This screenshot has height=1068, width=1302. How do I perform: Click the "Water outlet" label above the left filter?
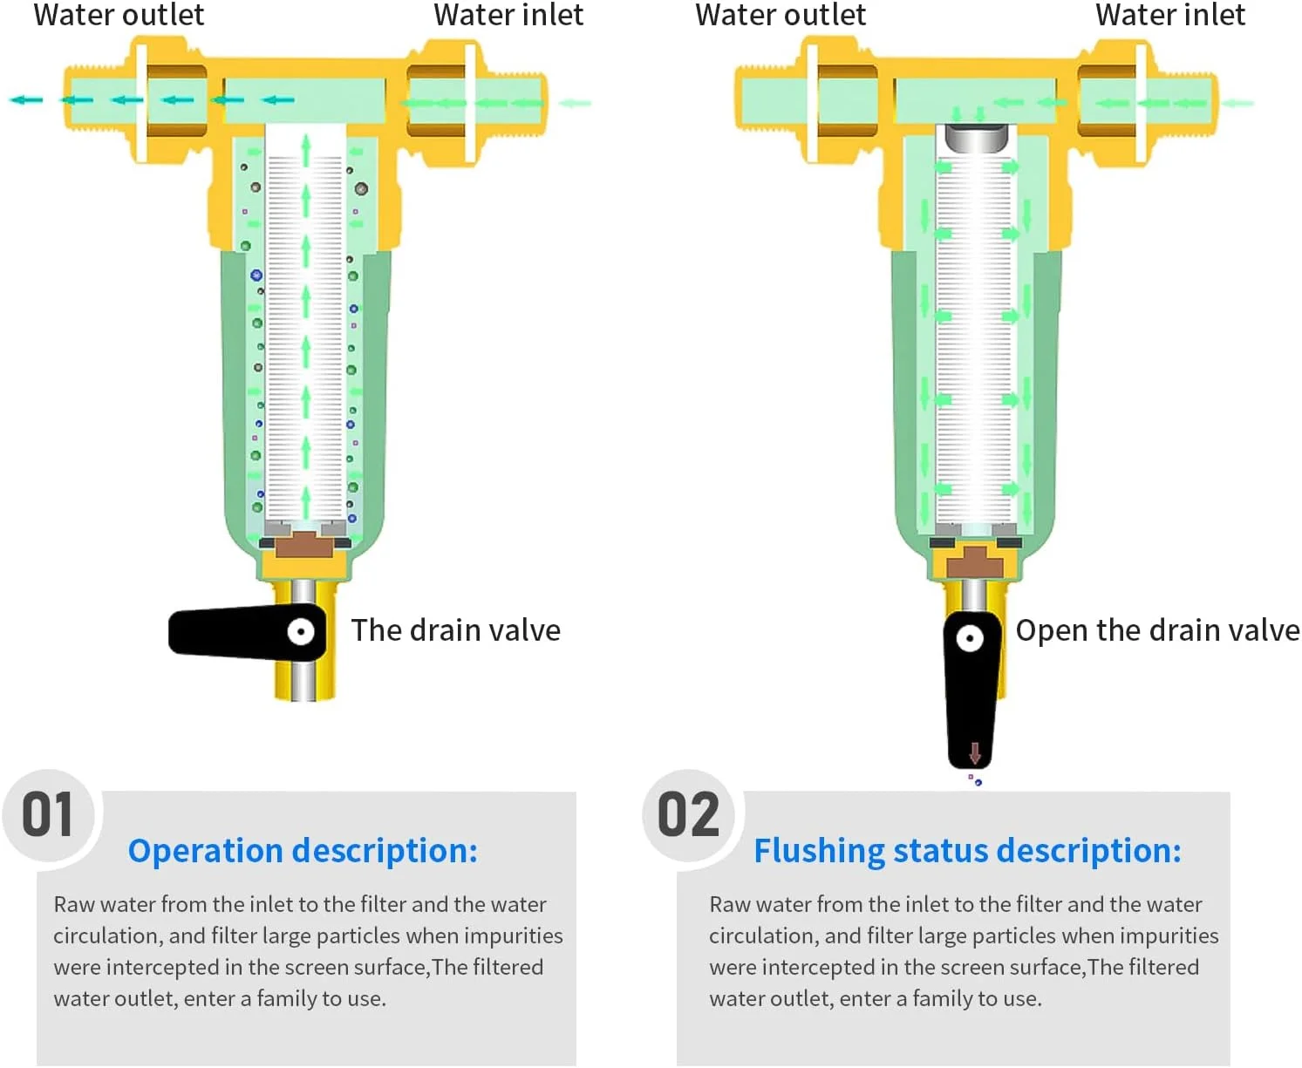tap(119, 15)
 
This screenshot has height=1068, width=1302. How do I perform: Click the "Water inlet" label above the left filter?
tap(508, 15)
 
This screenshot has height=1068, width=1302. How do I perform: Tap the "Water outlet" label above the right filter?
tap(781, 15)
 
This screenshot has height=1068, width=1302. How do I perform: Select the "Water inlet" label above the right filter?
tap(1170, 15)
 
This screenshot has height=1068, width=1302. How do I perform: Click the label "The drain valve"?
tap(455, 630)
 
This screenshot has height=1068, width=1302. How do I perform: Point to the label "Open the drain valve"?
tap(1157, 631)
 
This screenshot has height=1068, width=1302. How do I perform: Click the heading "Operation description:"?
tap(303, 851)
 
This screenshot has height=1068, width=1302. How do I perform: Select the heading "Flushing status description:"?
tap(967, 851)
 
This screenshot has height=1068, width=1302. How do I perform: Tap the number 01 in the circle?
tap(47, 814)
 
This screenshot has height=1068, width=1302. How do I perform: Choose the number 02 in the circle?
tap(688, 814)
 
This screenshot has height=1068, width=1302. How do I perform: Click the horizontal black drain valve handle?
tap(247, 632)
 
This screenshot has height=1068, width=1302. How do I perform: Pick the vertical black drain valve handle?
tap(971, 690)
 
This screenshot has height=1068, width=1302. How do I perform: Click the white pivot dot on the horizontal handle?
tap(301, 631)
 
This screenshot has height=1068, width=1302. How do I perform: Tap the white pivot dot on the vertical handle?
tap(969, 637)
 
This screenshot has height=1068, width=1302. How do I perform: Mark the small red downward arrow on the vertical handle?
tap(974, 752)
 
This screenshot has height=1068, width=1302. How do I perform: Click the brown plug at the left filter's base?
tap(303, 545)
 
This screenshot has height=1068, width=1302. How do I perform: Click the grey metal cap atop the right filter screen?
tap(972, 138)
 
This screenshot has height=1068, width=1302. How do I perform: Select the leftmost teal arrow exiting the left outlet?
tap(26, 100)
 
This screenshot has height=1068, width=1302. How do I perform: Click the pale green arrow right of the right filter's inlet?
tap(1237, 103)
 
